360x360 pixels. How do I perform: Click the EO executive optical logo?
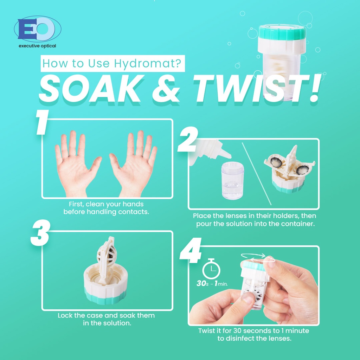coord(38,32)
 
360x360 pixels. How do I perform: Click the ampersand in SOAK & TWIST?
coord(166,88)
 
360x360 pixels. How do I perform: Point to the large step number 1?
coord(42,122)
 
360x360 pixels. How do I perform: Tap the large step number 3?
coord(40,233)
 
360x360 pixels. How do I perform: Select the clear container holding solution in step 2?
coord(233,181)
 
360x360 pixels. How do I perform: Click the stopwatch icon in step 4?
coord(211,269)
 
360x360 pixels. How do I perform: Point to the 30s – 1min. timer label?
coord(212,284)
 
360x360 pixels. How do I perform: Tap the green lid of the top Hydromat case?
coord(282,32)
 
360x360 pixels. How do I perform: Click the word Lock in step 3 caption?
coord(65,315)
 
